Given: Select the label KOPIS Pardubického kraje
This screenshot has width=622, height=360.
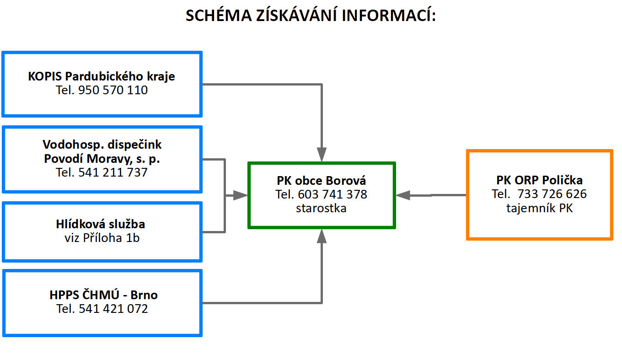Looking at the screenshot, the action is pyautogui.click(x=102, y=76).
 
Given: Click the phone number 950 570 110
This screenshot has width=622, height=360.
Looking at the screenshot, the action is pyautogui.click(x=113, y=90).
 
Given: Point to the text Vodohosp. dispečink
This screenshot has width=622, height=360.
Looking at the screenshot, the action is pyautogui.click(x=102, y=145).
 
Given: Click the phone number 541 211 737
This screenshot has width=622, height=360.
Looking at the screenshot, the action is pyautogui.click(x=113, y=172).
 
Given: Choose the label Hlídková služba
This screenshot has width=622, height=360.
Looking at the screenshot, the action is pyautogui.click(x=101, y=224).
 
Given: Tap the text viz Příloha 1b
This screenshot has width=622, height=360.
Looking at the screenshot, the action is pyautogui.click(x=102, y=238).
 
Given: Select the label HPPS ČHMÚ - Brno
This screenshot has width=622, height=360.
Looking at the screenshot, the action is pyautogui.click(x=103, y=295).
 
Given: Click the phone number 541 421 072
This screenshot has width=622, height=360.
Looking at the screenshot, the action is pyautogui.click(x=113, y=309).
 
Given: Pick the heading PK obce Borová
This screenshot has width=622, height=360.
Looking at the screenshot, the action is pyautogui.click(x=321, y=181).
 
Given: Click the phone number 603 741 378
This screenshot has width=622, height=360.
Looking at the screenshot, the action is pyautogui.click(x=332, y=194).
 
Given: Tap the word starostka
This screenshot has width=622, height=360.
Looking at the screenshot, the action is pyautogui.click(x=321, y=208).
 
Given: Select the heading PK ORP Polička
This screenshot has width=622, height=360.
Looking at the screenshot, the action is pyautogui.click(x=540, y=180).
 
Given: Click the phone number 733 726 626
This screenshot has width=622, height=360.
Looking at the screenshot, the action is pyautogui.click(x=552, y=194).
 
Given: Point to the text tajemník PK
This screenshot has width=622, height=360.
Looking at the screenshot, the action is pyautogui.click(x=540, y=208).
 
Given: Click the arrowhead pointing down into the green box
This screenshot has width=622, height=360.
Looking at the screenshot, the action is pyautogui.click(x=322, y=155).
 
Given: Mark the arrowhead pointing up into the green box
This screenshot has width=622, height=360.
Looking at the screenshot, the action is pyautogui.click(x=322, y=236).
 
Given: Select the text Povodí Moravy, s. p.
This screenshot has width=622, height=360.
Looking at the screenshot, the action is pyautogui.click(x=102, y=159).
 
